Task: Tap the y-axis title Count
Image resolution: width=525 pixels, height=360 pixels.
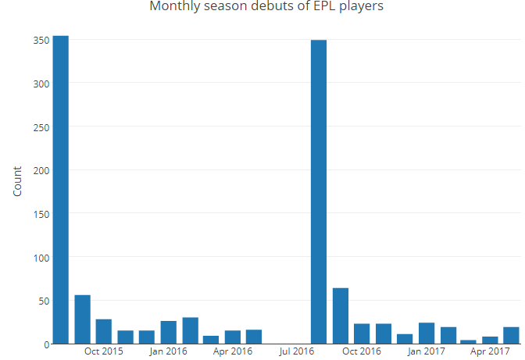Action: (x=17, y=181)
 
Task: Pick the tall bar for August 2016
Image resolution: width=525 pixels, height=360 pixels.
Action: (x=319, y=191)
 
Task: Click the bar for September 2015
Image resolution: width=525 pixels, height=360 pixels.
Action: (x=83, y=319)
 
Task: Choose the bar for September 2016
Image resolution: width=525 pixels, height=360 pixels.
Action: (x=341, y=315)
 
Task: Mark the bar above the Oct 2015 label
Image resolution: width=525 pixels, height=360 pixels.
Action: (x=104, y=331)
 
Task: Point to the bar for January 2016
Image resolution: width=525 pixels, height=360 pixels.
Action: (x=169, y=332)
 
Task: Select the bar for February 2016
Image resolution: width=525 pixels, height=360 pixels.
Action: (x=191, y=330)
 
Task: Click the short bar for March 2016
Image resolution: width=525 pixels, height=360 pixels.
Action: (x=211, y=340)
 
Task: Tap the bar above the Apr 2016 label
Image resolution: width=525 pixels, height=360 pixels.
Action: (x=233, y=337)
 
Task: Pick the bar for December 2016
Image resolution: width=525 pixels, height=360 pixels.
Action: (x=405, y=339)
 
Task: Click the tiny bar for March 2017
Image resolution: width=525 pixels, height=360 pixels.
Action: (x=469, y=342)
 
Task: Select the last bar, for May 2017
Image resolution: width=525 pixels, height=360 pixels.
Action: (x=512, y=335)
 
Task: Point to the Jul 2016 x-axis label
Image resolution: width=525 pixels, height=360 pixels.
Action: (x=298, y=352)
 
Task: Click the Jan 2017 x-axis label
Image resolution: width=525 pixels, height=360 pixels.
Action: (x=427, y=352)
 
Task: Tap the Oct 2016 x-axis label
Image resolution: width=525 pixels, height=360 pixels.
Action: (x=362, y=352)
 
